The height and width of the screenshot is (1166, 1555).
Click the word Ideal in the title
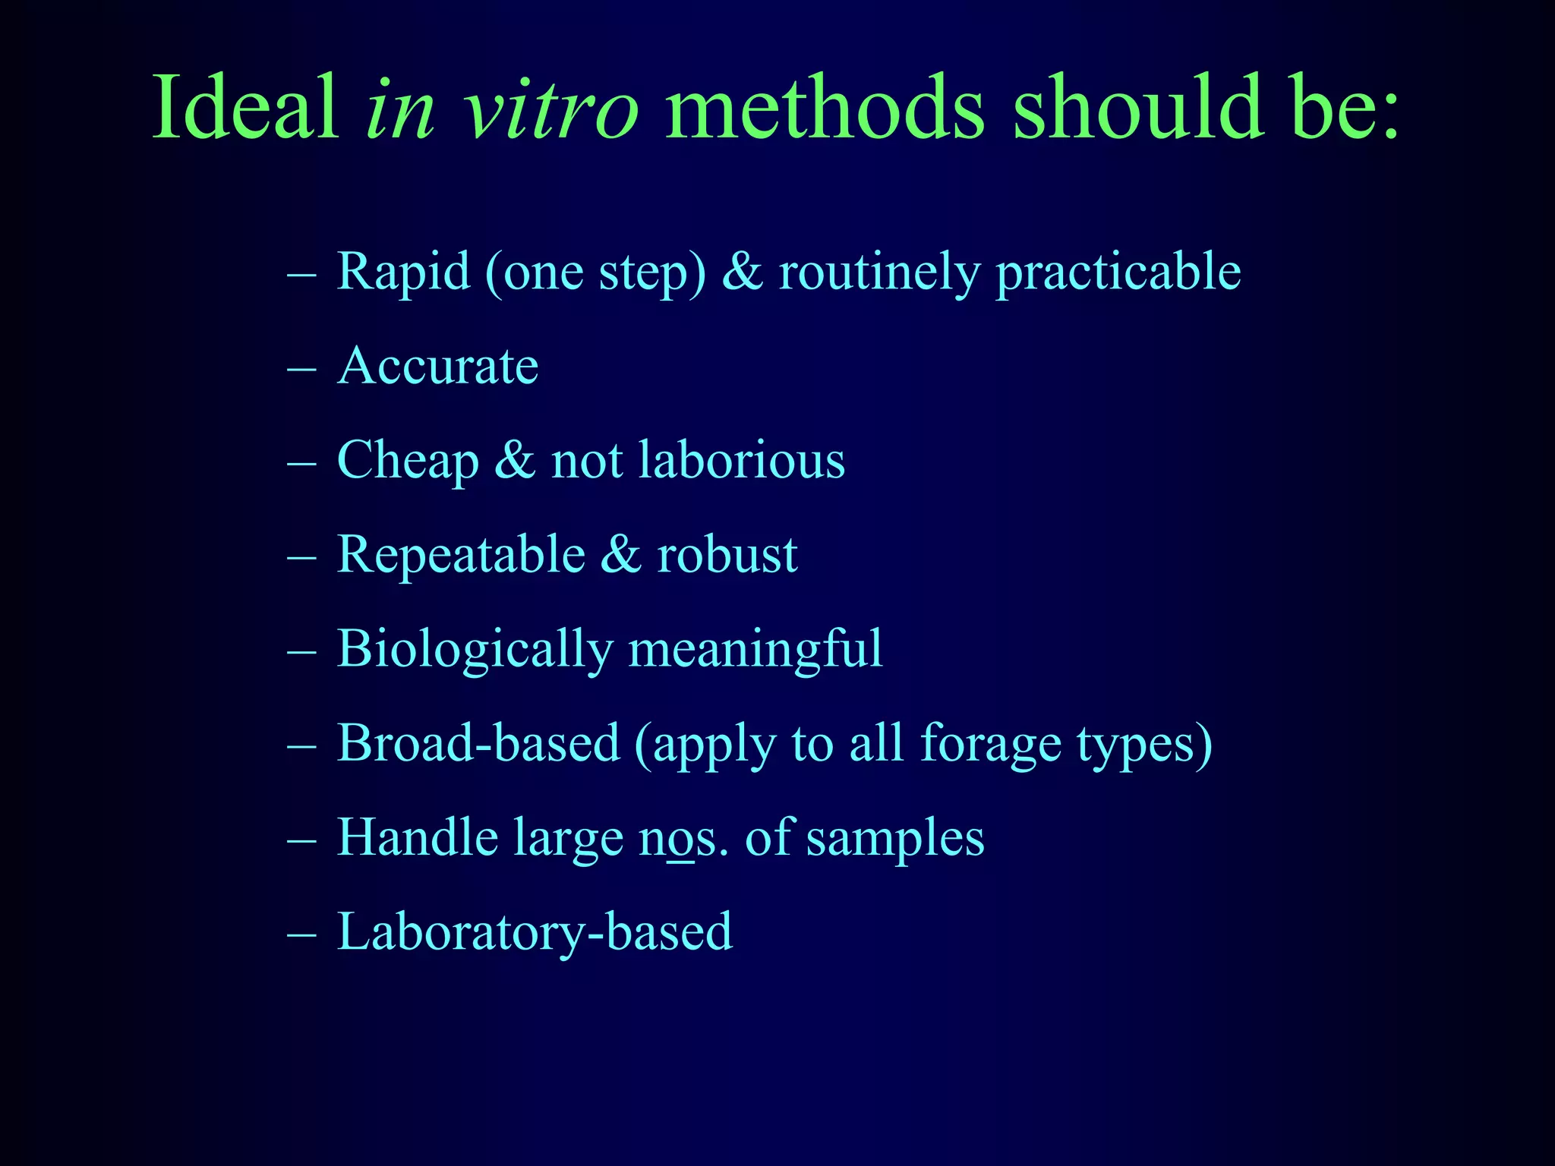tap(244, 108)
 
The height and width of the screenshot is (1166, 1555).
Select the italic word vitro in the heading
tap(551, 108)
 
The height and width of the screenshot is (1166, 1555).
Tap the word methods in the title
tap(824, 108)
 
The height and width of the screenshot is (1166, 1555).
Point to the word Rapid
tap(403, 272)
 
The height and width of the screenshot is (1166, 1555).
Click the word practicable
tap(1118, 272)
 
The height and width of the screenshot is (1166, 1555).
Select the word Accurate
tap(437, 366)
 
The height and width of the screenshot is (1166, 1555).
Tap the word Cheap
tap(408, 461)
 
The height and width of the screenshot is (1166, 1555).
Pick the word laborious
tap(741, 460)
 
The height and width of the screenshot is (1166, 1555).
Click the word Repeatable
tap(461, 554)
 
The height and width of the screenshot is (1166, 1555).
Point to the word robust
tap(727, 554)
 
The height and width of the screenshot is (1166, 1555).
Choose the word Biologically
tap(474, 650)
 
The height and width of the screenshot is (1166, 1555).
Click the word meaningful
tap(755, 650)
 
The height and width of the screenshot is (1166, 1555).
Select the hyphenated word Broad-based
tap(478, 743)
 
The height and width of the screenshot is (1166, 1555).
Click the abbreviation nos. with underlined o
tap(683, 838)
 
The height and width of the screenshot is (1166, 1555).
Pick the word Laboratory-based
tap(535, 932)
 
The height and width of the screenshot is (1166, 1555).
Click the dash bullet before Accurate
tap(301, 367)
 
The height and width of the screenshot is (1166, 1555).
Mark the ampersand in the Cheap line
tap(515, 460)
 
